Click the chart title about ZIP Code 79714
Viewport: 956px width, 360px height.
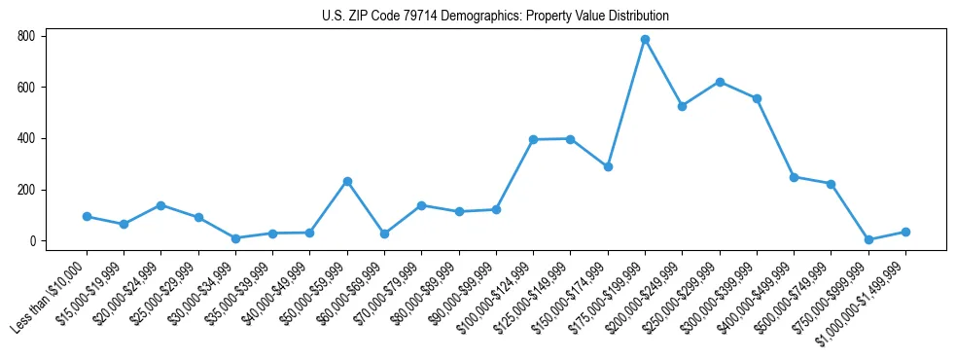click(x=495, y=17)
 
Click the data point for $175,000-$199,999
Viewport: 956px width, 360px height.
click(x=645, y=40)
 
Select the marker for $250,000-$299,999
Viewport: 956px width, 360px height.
click(x=720, y=82)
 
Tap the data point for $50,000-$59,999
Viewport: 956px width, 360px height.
click(x=347, y=181)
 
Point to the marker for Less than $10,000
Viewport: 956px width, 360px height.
click(x=87, y=217)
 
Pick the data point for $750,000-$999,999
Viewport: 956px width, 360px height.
click(x=868, y=239)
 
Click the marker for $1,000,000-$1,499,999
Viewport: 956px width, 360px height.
click(x=905, y=232)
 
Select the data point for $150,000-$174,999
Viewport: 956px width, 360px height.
click(x=608, y=166)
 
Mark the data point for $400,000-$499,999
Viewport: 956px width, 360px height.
click(x=794, y=177)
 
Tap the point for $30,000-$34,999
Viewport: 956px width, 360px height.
click(x=235, y=238)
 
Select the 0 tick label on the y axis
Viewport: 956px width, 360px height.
click(x=32, y=241)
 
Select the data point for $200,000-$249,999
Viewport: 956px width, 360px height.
click(x=683, y=106)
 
